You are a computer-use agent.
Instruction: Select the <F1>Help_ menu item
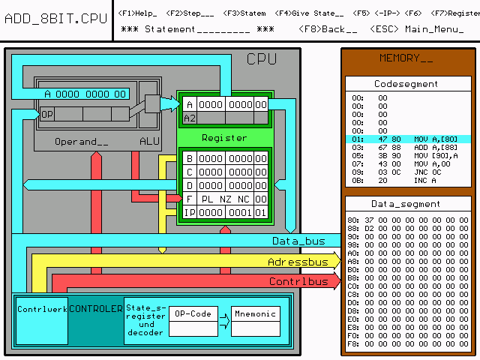point(137,13)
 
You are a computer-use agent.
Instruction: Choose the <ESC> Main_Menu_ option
point(416,29)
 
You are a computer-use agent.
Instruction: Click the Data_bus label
point(298,241)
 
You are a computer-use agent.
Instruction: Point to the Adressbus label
point(298,262)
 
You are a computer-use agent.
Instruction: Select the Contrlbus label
point(298,281)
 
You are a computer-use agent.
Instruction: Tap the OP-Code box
point(193,313)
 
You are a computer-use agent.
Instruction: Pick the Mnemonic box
point(256,313)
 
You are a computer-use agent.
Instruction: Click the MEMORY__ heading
point(406,58)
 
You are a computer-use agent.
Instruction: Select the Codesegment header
point(406,84)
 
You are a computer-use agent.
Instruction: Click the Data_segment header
point(406,204)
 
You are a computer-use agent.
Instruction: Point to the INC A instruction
point(424,181)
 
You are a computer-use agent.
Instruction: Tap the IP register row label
point(189,212)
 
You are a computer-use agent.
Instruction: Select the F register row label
point(189,199)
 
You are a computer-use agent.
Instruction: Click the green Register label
point(224,138)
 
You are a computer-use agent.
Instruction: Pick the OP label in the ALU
point(47,114)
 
